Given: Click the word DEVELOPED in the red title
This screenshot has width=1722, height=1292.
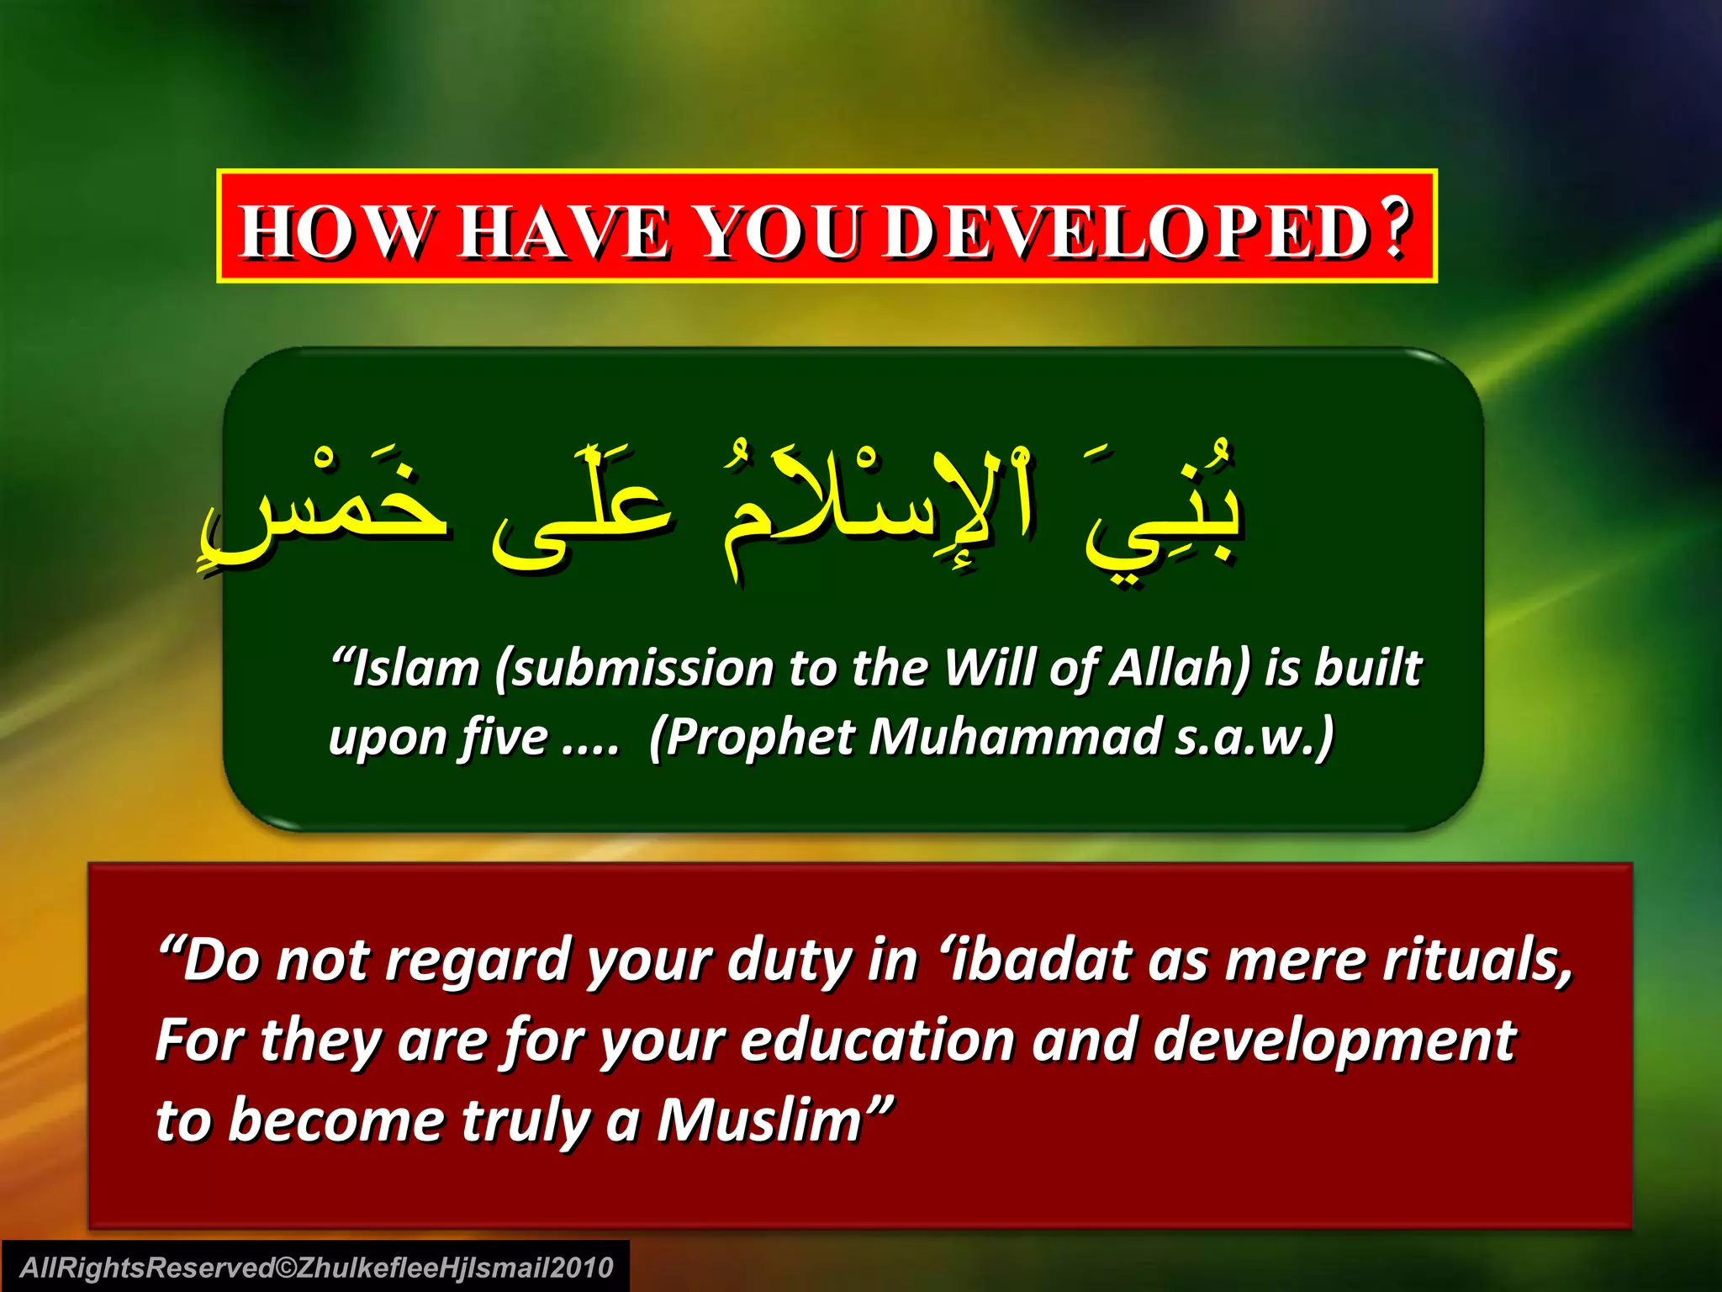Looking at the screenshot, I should pos(1127,232).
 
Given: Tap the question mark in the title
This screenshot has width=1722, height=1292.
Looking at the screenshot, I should pos(1396,229).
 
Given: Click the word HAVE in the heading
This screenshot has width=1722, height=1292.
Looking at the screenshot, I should pos(563,232).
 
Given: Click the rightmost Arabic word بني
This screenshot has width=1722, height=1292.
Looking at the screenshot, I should pos(1165,513).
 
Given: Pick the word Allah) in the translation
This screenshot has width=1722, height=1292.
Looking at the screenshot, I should pos(1181,669).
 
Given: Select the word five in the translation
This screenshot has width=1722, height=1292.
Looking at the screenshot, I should pos(504,738).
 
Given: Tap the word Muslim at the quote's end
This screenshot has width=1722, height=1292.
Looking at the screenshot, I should pos(761,1121).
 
